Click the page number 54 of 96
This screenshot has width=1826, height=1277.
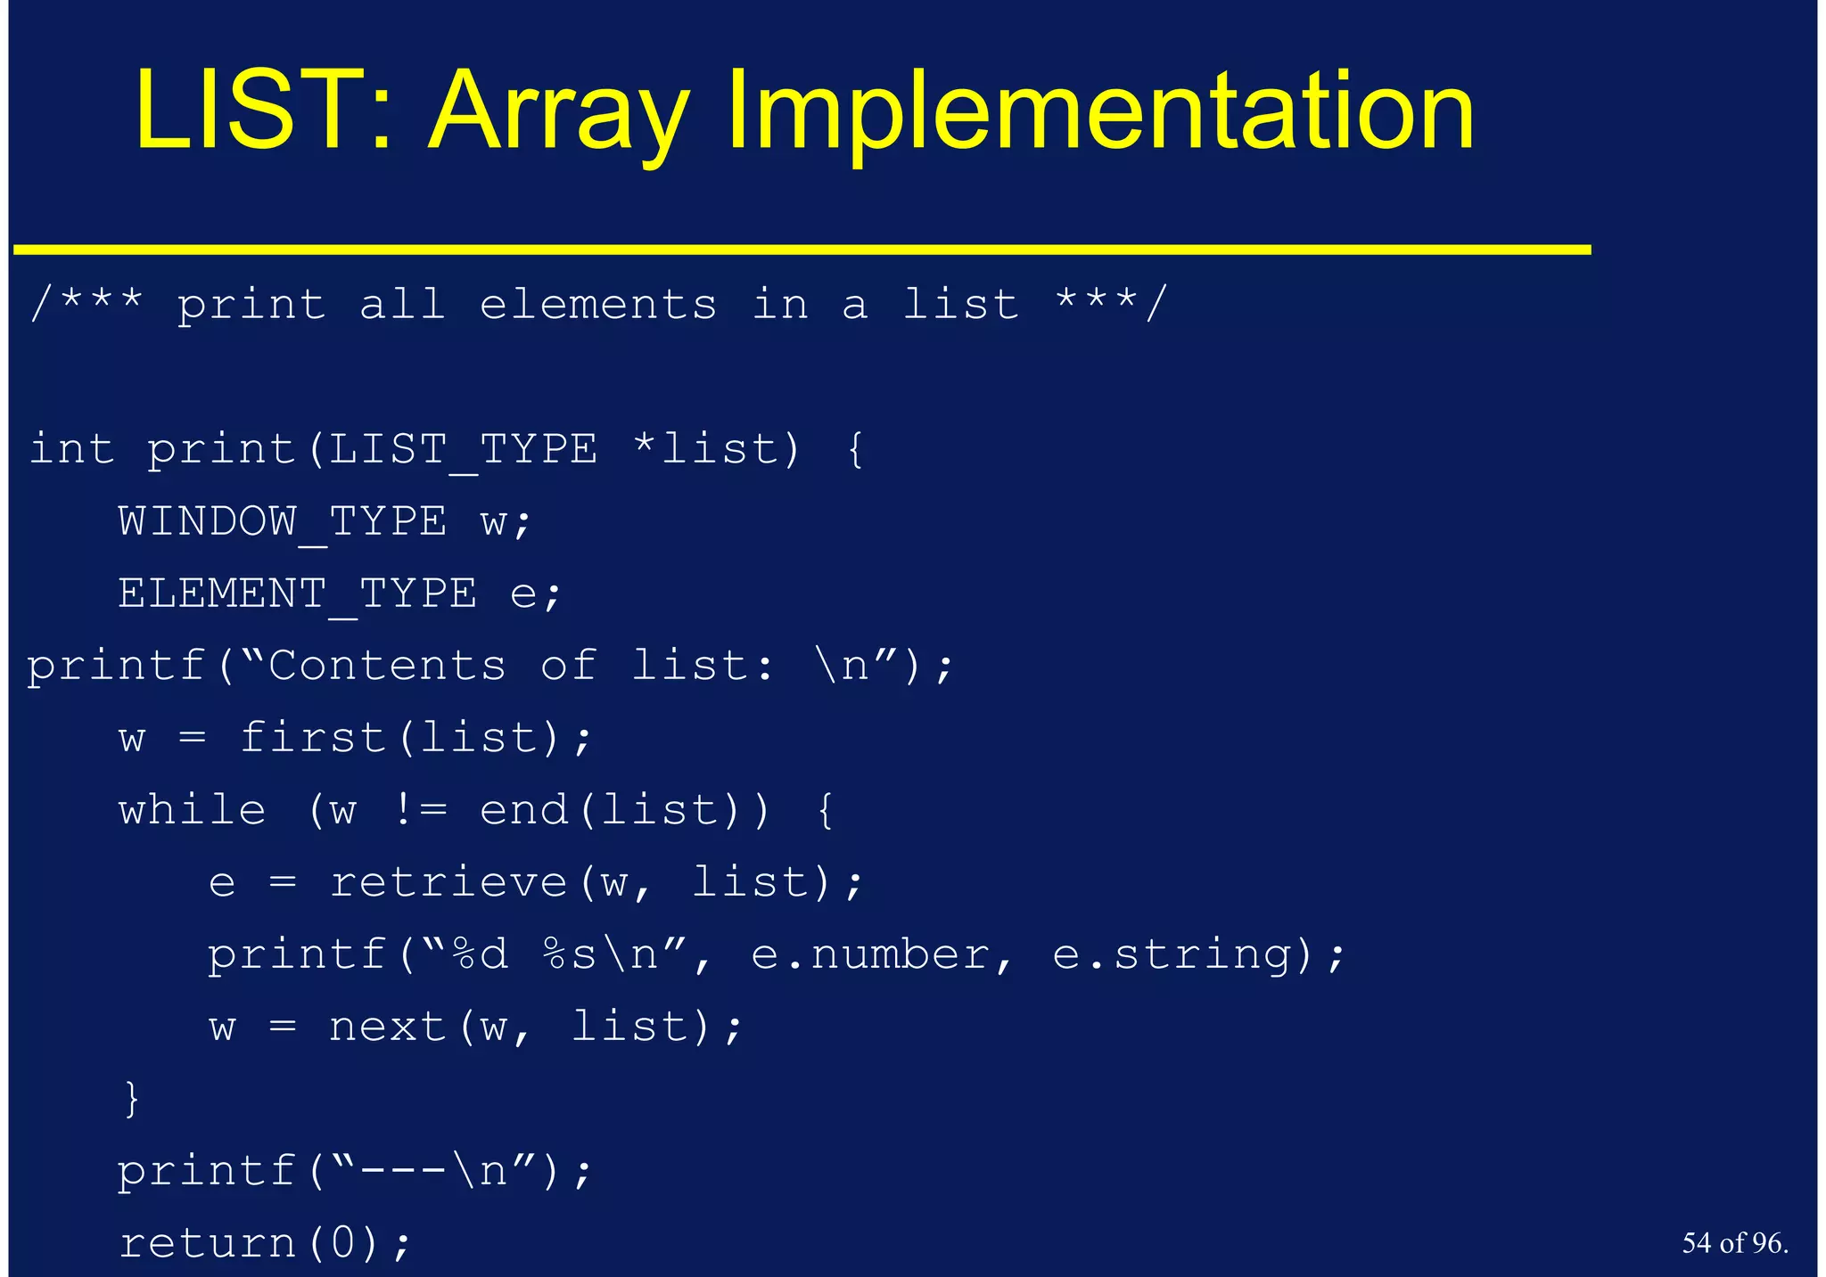[1734, 1242]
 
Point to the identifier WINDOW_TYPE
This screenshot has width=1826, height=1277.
[282, 521]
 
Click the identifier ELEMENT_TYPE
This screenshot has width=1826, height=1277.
[297, 593]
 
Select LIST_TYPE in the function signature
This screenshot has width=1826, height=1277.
[463, 449]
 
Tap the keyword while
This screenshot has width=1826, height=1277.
[192, 810]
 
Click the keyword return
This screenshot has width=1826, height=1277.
[207, 1242]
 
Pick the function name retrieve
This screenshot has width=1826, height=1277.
[448, 882]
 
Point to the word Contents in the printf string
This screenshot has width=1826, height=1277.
[387, 666]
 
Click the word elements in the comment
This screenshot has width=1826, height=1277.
[597, 305]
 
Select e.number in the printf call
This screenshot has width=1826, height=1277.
[870, 954]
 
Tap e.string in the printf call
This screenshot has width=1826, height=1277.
[1172, 954]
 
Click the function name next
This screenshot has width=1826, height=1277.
[387, 1027]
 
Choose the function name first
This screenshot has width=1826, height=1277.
[312, 738]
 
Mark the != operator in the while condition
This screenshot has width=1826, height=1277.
[421, 810]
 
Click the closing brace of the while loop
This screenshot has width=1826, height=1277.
[132, 1098]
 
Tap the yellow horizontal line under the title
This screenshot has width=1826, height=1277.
[802, 250]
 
